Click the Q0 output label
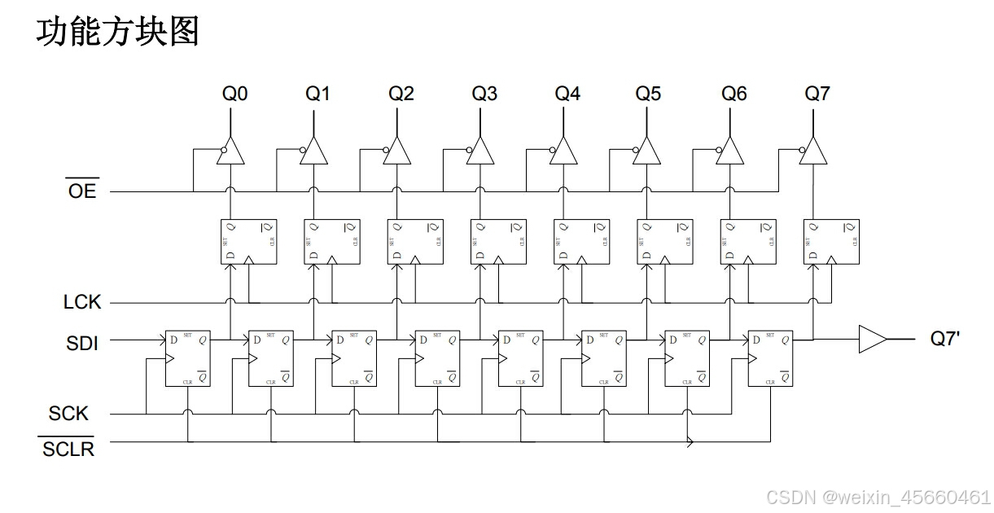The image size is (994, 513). pos(234,94)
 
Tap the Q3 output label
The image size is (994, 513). pos(484,94)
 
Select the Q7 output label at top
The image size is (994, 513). pos(817,94)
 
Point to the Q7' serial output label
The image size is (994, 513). pos(944,338)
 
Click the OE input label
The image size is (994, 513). pos(82,191)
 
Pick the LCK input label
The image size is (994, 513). pos(82,302)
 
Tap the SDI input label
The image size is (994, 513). pos(82,343)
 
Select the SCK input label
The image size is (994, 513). pos(68,414)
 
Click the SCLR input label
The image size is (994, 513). pos(68,448)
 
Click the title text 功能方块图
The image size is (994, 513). pos(117,33)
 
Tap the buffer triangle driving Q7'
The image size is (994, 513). pos(872,339)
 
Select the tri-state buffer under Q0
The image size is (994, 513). pos(230,151)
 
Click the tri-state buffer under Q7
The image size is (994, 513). pos(812,151)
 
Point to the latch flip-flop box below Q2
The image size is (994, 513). pos(415,241)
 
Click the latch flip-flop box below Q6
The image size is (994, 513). pos(748,241)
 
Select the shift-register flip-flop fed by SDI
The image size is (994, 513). pos(187,358)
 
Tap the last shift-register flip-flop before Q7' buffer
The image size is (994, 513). pos(770,358)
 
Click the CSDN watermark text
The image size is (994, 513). pos(878,496)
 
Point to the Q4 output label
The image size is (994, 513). pos(567,94)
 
